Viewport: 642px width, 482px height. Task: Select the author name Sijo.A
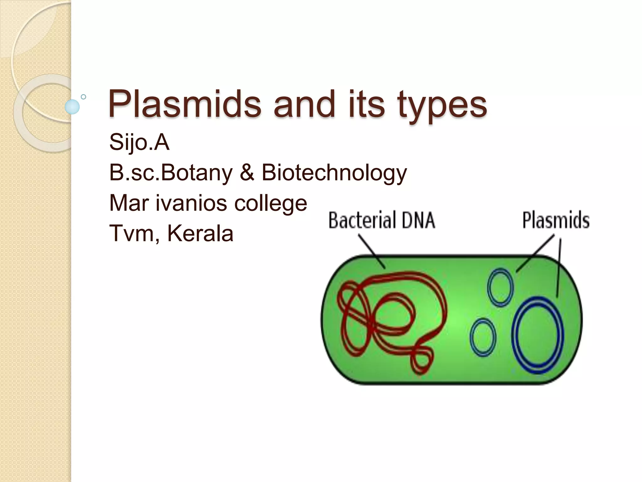[139, 142]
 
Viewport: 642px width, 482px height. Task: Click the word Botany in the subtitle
[196, 173]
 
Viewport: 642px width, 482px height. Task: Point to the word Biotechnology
[334, 173]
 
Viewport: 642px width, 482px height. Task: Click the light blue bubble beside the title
[72, 107]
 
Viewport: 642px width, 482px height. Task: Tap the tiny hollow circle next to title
[83, 97]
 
